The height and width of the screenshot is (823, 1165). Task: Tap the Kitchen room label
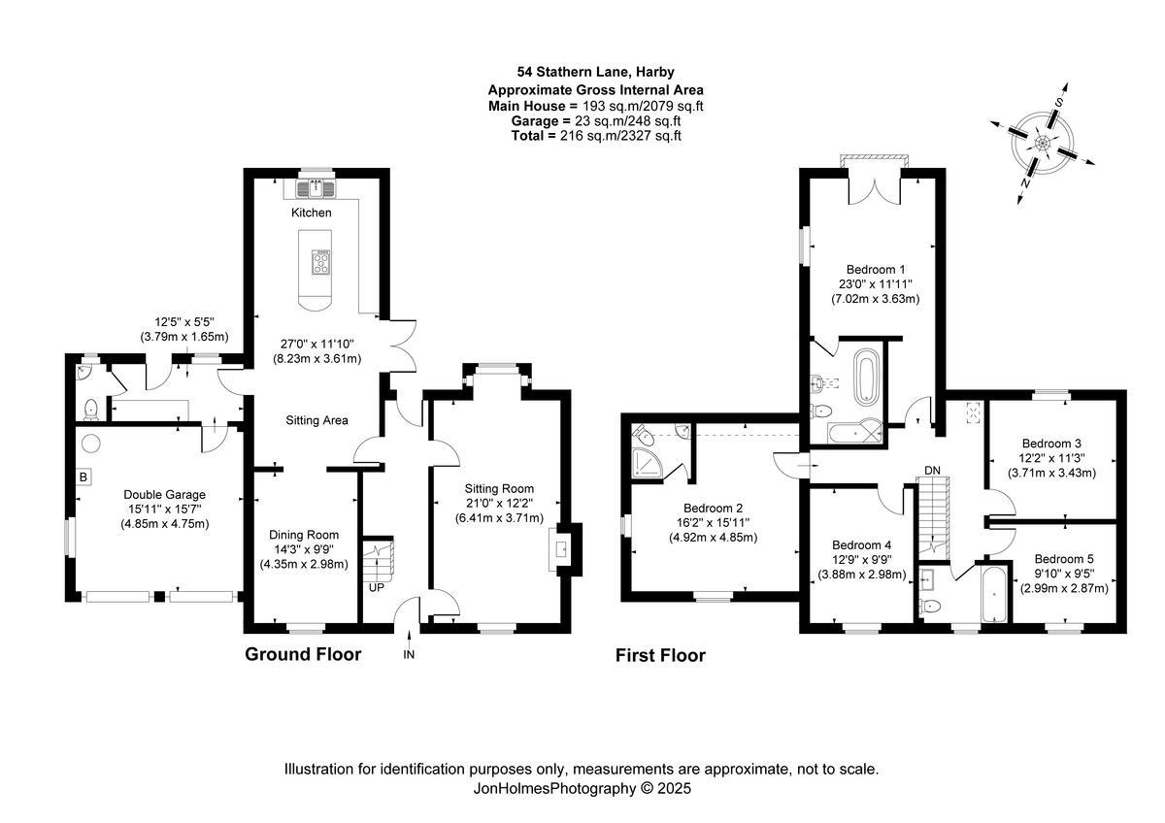[311, 213]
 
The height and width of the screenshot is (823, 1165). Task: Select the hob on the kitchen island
[320, 263]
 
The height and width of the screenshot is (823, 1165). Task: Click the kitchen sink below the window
[316, 187]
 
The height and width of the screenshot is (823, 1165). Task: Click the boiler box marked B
[83, 477]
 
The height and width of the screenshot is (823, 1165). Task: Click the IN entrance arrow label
[409, 655]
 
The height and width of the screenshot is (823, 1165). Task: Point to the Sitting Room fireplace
[562, 551]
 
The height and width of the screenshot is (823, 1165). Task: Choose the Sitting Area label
[316, 420]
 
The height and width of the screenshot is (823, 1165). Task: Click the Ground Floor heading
[302, 654]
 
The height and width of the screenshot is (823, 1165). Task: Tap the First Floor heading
[660, 656]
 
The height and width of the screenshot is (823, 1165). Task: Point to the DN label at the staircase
[932, 471]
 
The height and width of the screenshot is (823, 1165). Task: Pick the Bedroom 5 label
[1063, 559]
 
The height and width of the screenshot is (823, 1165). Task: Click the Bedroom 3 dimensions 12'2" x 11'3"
[1051, 460]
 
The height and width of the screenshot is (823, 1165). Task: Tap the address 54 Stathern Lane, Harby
[596, 71]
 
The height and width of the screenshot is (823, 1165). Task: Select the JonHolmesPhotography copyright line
[582, 789]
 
